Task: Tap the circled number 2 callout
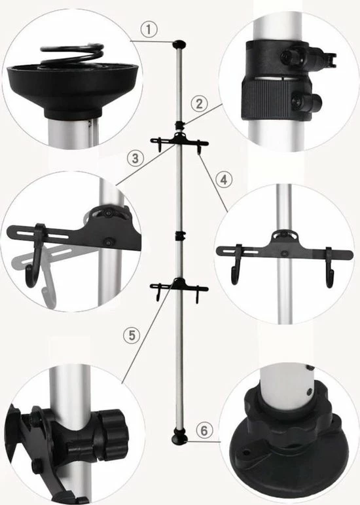point(200,103)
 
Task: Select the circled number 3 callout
point(135,157)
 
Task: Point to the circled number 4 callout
point(223,177)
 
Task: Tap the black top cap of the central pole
point(179,45)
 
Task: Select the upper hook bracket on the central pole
point(178,141)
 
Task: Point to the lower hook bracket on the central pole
point(178,286)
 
